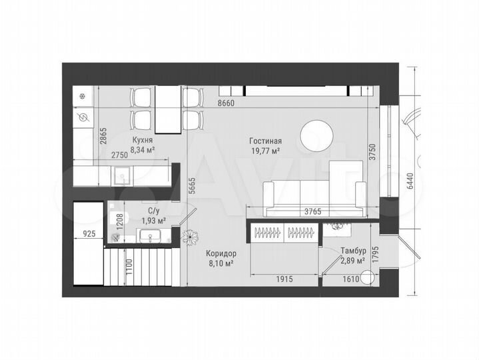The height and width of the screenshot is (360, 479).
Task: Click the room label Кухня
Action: tap(143, 141)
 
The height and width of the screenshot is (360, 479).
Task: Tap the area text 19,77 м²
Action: tap(265, 151)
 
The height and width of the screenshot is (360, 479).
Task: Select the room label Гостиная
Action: tap(266, 141)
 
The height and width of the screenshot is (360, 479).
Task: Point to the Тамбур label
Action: tap(352, 251)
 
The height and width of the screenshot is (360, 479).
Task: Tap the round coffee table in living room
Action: tap(317, 135)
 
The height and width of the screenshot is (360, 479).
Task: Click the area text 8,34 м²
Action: tap(143, 151)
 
